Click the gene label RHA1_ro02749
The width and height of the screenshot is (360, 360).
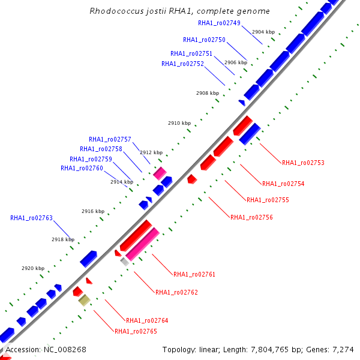(x=219, y=23)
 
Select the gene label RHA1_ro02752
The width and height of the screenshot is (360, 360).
(x=182, y=64)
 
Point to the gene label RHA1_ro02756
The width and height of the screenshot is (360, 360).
(x=251, y=217)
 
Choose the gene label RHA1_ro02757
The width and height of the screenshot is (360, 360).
(x=110, y=139)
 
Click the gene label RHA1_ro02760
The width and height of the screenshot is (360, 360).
(x=82, y=168)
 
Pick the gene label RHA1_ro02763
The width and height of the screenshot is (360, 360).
(x=31, y=218)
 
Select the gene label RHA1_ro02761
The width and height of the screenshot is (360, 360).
(x=194, y=274)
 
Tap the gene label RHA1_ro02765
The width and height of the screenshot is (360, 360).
(x=136, y=331)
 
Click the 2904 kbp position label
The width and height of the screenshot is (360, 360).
(x=263, y=31)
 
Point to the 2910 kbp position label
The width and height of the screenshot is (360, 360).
(x=179, y=123)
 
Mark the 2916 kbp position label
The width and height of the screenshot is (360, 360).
(x=93, y=211)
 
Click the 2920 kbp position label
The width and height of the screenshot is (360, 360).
(x=33, y=268)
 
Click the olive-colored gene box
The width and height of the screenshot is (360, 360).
(x=85, y=300)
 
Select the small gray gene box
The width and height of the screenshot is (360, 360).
(x=125, y=261)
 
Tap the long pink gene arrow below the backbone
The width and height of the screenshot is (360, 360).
(x=143, y=244)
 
